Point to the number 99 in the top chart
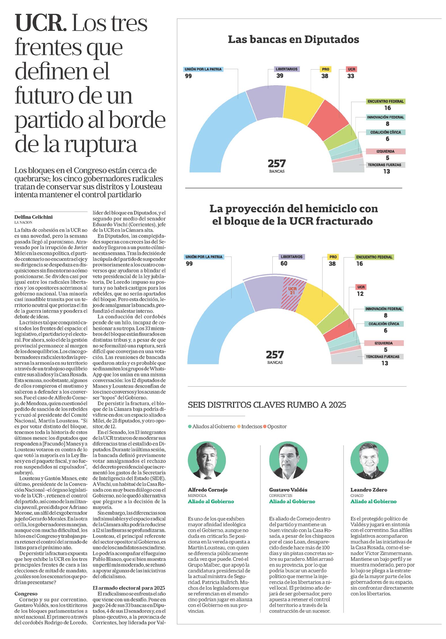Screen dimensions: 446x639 189,76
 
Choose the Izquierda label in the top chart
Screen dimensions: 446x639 385,151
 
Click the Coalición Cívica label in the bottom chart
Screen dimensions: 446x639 384,324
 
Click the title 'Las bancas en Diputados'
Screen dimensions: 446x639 293,40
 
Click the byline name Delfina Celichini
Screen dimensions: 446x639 33,217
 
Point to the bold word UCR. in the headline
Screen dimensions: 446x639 41,23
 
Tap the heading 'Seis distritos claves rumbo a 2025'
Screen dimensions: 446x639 267,405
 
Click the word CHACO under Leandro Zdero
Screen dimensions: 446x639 357,495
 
